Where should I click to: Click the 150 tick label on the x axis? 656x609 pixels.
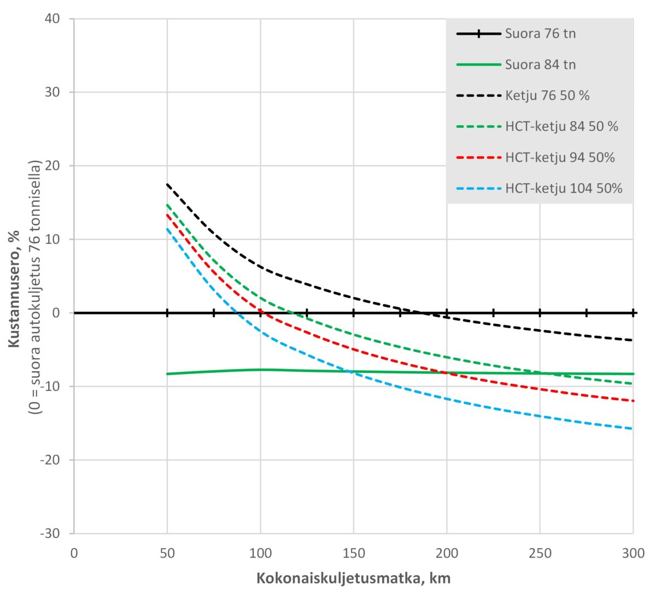pos(354,553)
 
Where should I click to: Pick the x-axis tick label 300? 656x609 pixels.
pos(632,553)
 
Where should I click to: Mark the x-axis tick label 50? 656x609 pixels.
pos(167,553)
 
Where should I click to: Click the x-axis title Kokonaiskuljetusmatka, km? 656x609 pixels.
pos(353,578)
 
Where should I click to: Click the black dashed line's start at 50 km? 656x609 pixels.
pos(167,184)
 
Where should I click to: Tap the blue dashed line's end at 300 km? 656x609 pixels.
pos(632,429)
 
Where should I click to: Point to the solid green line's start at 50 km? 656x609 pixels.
pos(167,374)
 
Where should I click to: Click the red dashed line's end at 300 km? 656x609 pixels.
pos(632,401)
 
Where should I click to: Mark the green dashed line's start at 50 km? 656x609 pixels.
pos(167,204)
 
